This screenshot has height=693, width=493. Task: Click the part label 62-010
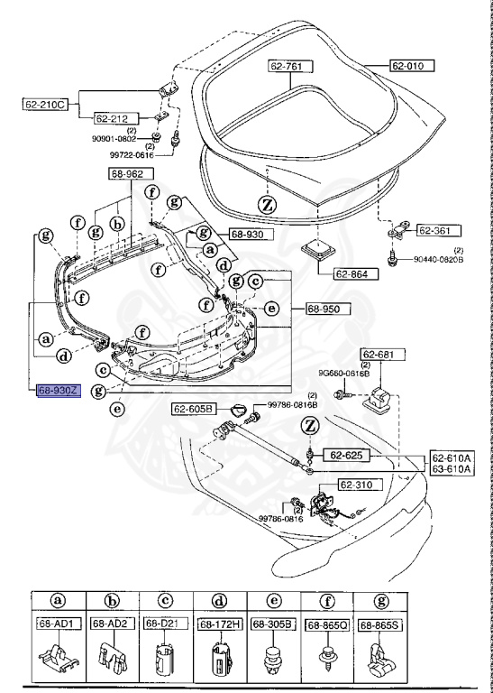412,66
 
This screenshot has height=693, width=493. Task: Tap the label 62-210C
46,105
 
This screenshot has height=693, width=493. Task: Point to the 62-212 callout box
114,117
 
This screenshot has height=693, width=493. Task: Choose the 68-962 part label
132,173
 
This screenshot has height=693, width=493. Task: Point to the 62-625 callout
343,455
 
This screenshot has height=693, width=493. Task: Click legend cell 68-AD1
55,624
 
